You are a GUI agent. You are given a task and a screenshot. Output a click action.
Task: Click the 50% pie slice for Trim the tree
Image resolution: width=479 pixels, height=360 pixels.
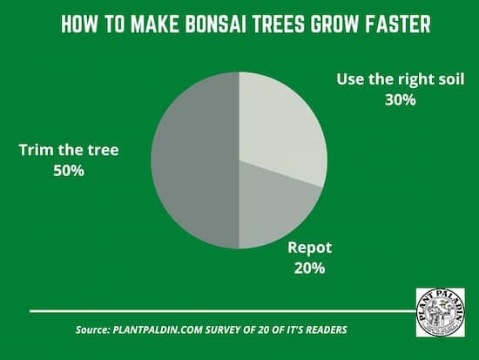click(195, 160)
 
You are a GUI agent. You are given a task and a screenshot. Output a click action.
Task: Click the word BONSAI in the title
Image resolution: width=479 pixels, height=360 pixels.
click(214, 24)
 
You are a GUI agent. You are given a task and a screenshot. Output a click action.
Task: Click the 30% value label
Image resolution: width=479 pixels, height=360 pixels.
click(401, 100)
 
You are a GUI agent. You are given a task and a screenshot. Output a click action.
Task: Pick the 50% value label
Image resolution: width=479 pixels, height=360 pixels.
click(69, 171)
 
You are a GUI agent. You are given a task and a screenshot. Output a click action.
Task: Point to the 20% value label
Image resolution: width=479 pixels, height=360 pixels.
click(309, 268)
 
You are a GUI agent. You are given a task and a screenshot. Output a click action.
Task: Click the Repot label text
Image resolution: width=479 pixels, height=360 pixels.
click(309, 248)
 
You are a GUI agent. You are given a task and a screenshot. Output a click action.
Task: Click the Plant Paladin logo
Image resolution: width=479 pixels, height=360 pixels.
click(441, 312)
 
